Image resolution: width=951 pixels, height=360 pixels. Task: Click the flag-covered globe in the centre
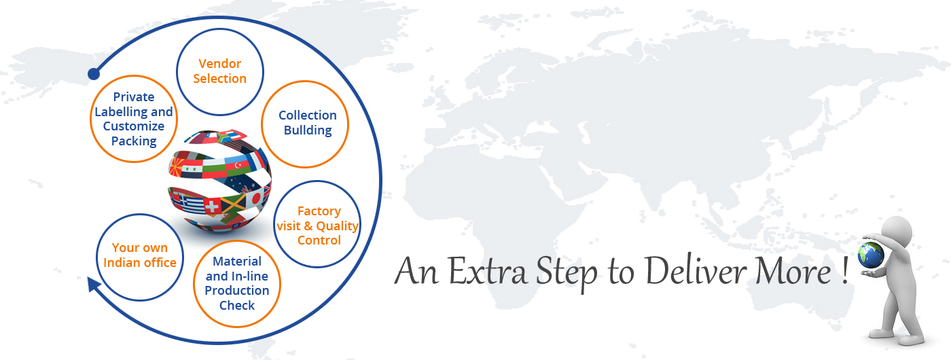coord(219,181)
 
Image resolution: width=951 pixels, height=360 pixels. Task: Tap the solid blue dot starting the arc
coord(94,74)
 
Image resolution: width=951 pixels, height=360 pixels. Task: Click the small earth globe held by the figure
coord(870,255)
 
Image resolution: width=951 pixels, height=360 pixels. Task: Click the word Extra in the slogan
coord(488,271)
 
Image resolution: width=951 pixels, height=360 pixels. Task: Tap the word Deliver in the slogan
coord(696,271)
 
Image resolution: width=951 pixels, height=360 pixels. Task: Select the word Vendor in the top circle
coord(220,64)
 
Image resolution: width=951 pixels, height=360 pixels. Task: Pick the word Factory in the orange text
coord(319,211)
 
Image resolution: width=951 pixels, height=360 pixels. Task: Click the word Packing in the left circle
coord(134,141)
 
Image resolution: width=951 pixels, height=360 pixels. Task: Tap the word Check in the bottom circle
coord(237,305)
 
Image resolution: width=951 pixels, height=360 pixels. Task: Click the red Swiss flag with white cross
coord(212,206)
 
